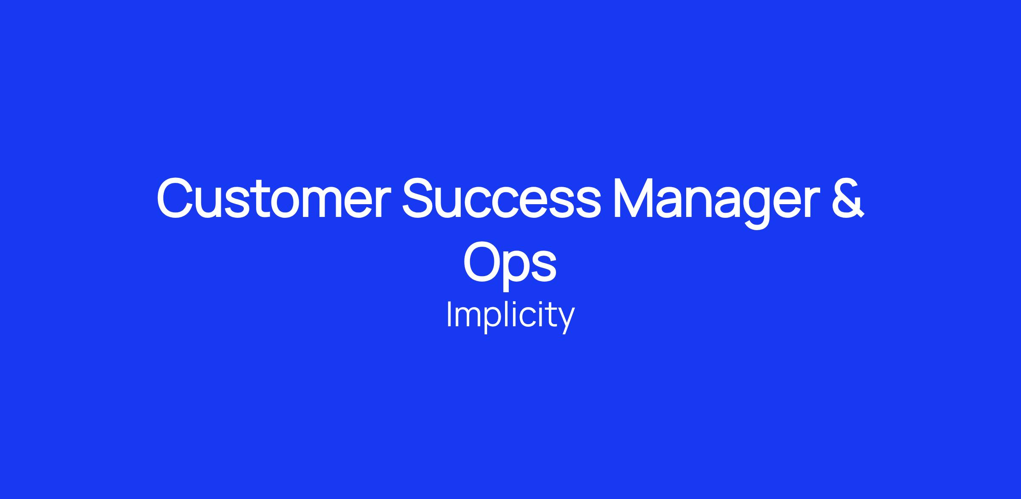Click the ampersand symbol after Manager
847,198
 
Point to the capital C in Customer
176,198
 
